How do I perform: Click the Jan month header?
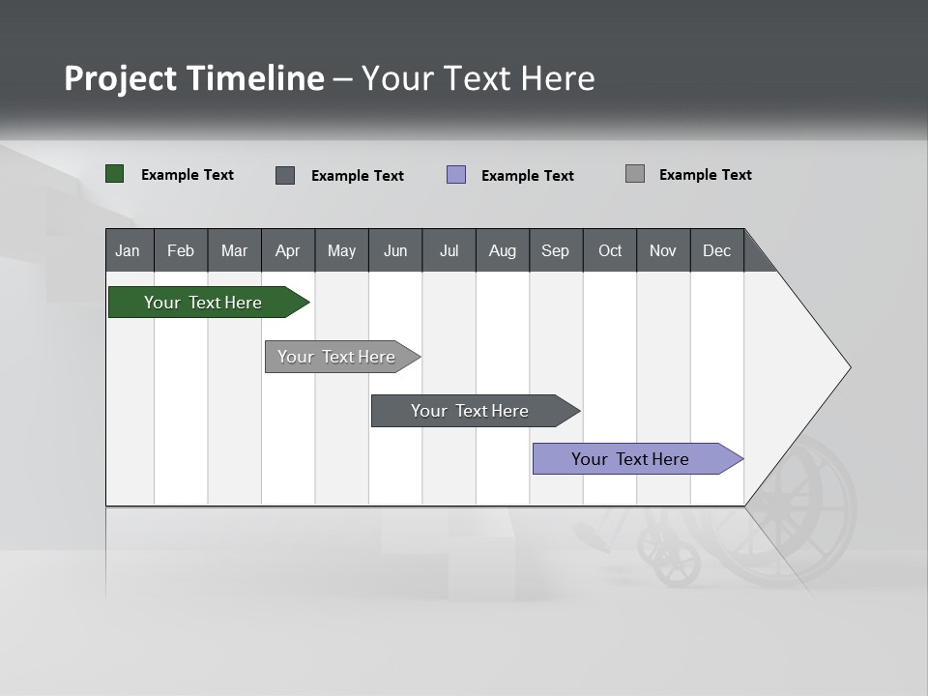tap(129, 250)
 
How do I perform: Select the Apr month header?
tap(288, 250)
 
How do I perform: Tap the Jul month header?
tap(449, 250)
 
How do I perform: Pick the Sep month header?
tap(555, 250)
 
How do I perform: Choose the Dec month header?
tap(716, 250)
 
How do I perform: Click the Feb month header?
tap(181, 250)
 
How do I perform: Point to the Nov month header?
tap(663, 250)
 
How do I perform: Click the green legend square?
tap(115, 174)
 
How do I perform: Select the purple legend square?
tap(456, 175)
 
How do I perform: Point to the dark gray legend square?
tap(285, 175)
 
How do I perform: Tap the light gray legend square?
tap(635, 174)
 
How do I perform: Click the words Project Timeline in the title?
tap(194, 78)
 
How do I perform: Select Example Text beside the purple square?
tap(527, 176)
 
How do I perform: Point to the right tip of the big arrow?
tap(848, 367)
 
